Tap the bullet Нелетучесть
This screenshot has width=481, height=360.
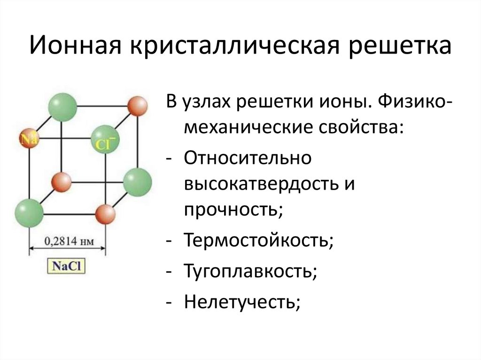point(242,301)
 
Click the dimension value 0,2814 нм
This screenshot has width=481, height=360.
point(69,242)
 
